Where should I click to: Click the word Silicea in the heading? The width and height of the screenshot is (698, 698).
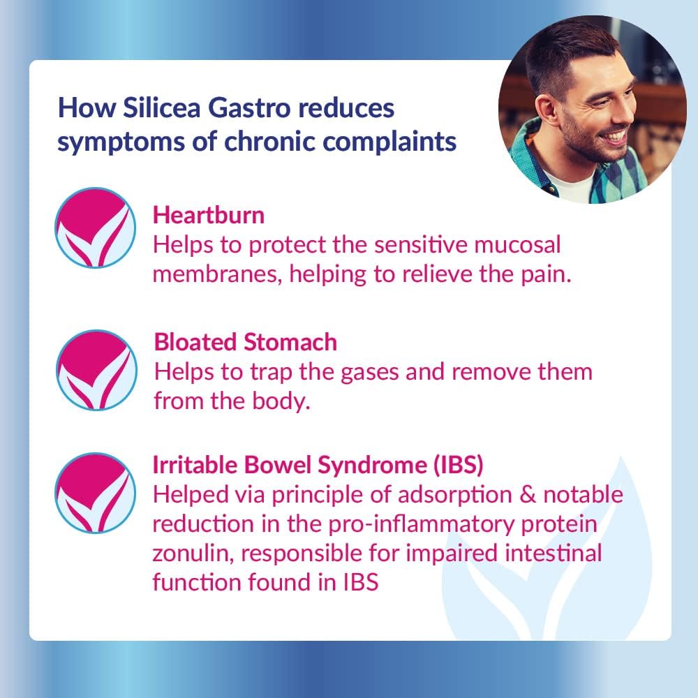[x=156, y=108]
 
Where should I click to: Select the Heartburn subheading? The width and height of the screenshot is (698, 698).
[x=209, y=215]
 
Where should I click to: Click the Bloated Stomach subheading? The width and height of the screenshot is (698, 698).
[x=246, y=342]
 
